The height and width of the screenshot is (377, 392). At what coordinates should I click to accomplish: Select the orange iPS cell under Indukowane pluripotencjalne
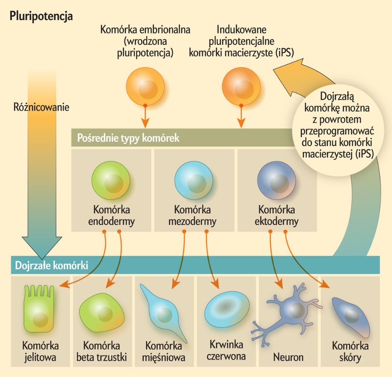coord(240,86)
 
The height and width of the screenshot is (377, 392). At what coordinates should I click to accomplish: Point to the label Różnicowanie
coord(41,106)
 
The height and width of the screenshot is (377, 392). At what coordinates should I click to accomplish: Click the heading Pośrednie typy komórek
coord(128,139)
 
